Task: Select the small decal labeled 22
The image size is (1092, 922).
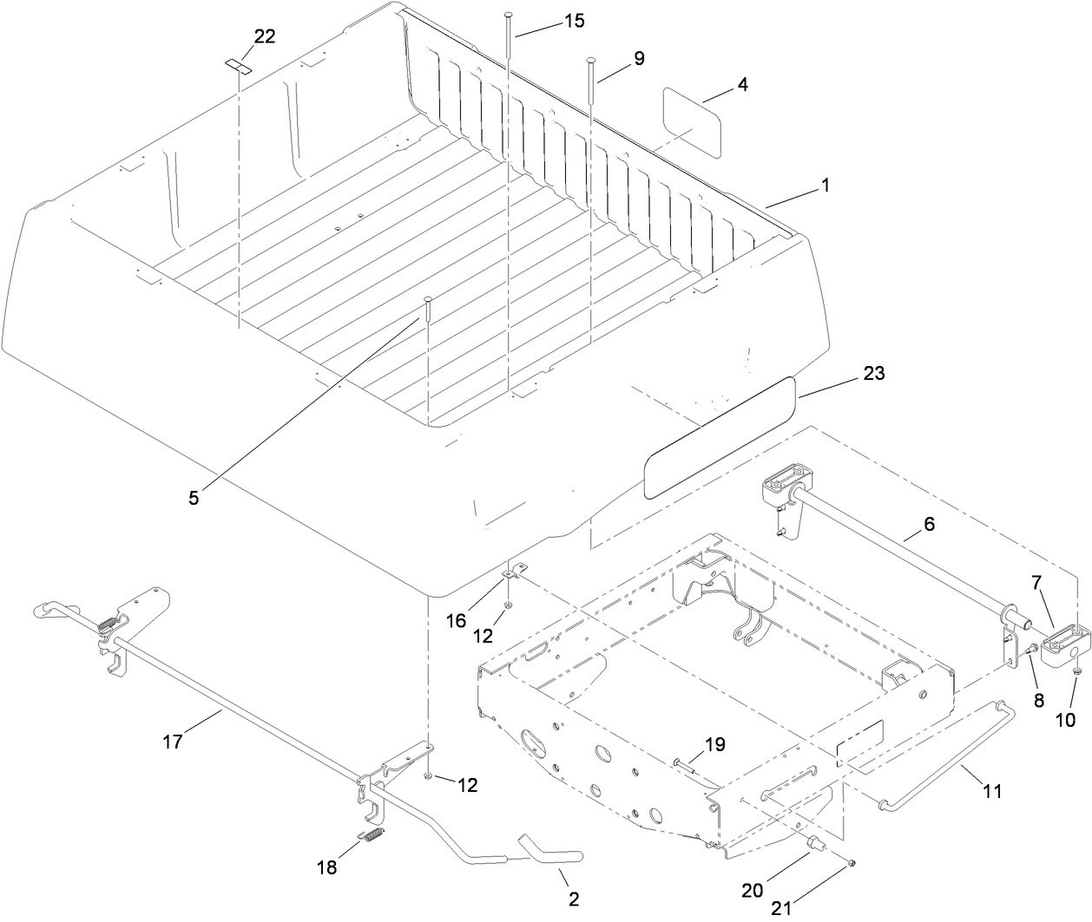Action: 238,66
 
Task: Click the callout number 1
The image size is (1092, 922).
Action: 826,185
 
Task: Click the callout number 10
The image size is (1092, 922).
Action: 1065,719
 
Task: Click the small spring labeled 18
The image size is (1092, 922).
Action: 371,837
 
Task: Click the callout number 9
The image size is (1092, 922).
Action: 638,59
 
